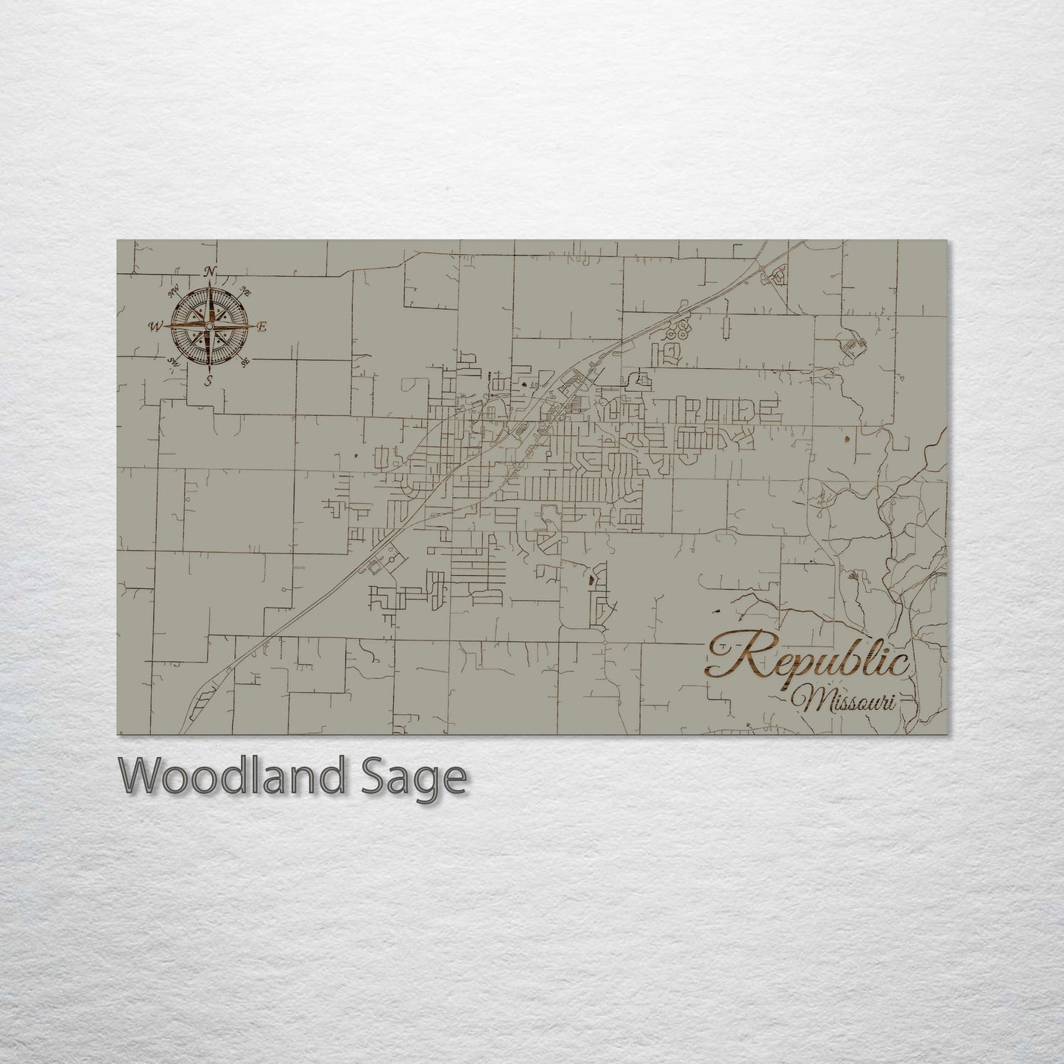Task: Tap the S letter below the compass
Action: click(x=210, y=380)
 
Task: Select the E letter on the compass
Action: click(x=263, y=326)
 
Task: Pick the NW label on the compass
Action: click(x=175, y=292)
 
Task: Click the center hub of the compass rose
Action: click(x=210, y=326)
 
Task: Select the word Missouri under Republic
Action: click(x=850, y=700)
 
